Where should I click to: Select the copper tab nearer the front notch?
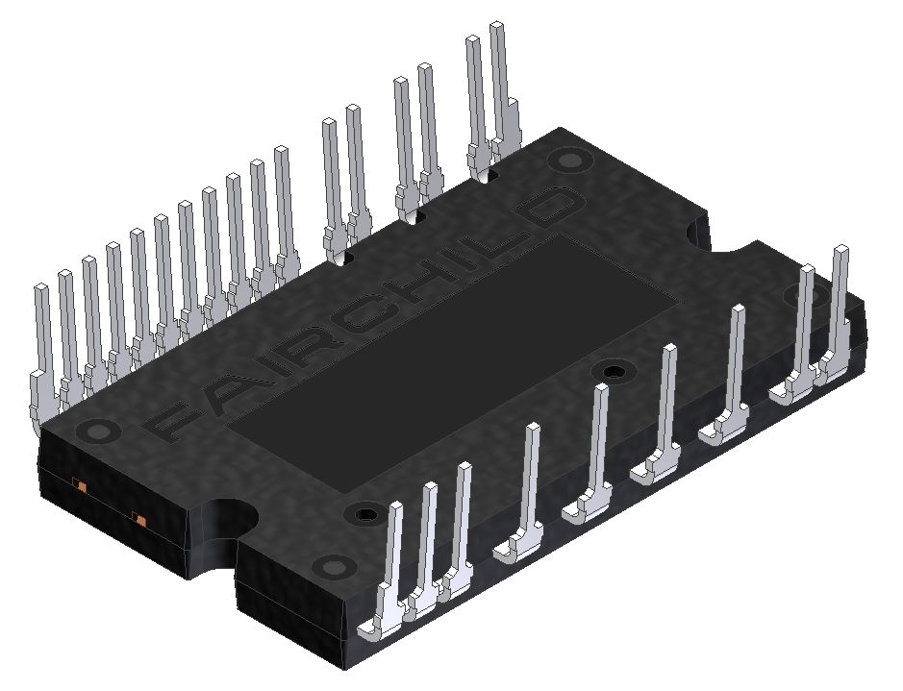point(140,520)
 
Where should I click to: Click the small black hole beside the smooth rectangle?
point(612,371)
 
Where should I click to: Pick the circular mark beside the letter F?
point(95,432)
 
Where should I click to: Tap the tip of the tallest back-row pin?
point(497,27)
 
